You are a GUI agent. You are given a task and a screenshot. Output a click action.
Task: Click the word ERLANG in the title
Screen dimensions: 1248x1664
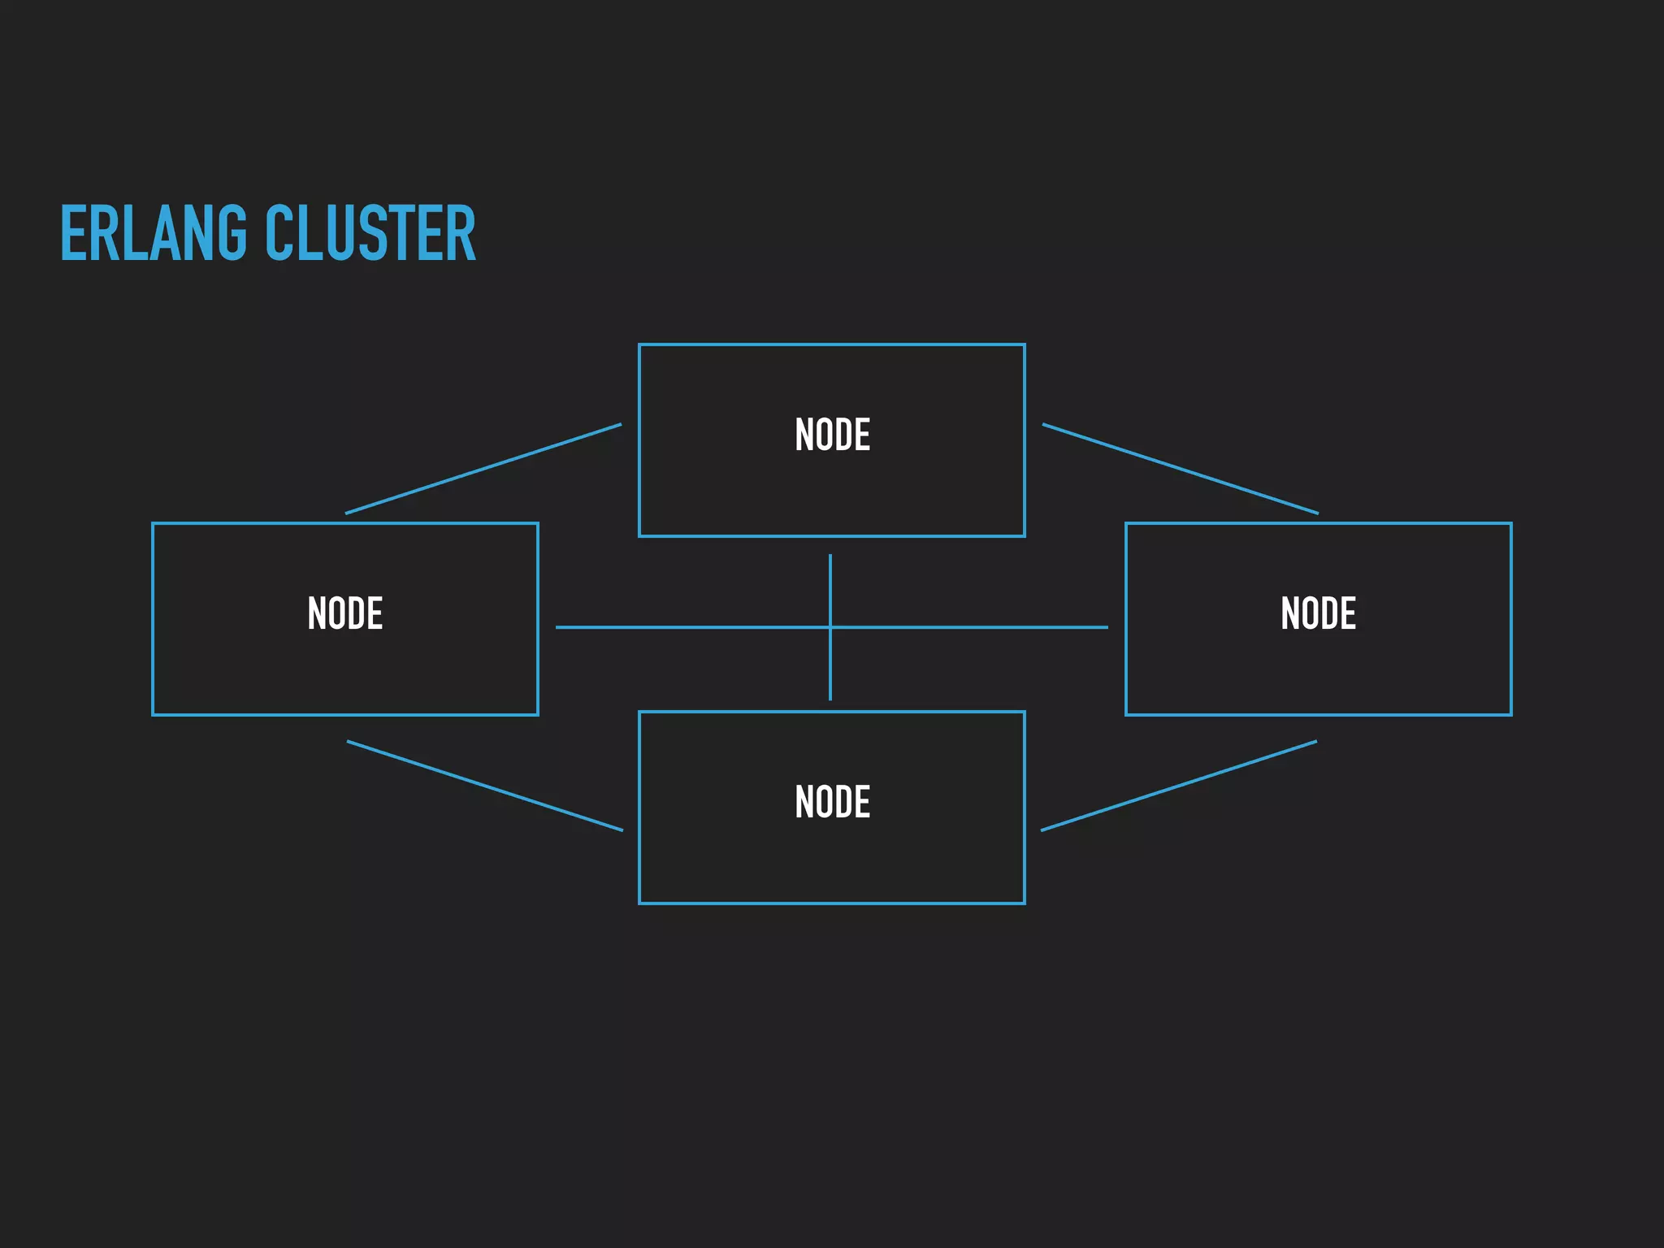(x=153, y=234)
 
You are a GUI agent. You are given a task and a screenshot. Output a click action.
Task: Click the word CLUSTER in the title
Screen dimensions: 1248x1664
(x=370, y=234)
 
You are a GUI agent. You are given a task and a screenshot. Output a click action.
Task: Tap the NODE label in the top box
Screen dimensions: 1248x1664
(x=832, y=435)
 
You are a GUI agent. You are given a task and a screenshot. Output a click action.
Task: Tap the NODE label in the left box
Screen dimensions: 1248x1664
(x=345, y=613)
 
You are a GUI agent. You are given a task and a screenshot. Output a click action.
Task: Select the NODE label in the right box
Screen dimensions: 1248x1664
(x=1318, y=613)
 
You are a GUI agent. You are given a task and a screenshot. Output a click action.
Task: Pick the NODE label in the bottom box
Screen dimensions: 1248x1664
(x=832, y=802)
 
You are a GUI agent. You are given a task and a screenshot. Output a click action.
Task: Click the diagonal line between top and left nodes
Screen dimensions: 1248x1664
(x=483, y=469)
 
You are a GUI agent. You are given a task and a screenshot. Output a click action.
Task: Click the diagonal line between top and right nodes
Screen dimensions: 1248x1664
(x=1180, y=469)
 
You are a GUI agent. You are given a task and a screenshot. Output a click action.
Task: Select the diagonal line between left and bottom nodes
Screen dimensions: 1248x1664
(x=485, y=786)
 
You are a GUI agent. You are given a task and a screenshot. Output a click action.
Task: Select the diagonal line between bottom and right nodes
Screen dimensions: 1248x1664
(x=1178, y=786)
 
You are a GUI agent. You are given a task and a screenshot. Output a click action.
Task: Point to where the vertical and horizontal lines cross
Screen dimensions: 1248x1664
(x=830, y=627)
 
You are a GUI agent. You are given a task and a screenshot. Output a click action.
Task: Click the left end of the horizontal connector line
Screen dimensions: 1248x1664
(x=558, y=627)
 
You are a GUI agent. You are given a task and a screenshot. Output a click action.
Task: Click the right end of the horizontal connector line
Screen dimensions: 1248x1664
(x=1106, y=627)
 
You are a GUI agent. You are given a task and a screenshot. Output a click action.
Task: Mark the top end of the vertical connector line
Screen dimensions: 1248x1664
(x=830, y=557)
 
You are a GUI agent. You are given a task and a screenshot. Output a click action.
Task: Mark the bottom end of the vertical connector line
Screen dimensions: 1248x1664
(x=830, y=698)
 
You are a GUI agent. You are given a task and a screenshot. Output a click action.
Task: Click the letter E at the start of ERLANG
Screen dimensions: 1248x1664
(x=73, y=234)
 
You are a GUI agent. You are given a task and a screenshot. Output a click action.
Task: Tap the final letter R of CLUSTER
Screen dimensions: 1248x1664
(x=462, y=234)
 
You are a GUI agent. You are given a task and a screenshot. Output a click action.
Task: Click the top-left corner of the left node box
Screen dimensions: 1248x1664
(x=153, y=523)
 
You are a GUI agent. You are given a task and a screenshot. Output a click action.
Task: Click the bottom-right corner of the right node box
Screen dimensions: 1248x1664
(x=1510, y=714)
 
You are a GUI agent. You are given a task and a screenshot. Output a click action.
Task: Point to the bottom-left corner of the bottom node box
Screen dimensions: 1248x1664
(x=639, y=903)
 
